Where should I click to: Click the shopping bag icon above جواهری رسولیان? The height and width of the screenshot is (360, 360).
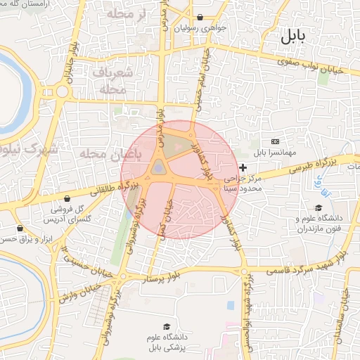[x=200, y=17]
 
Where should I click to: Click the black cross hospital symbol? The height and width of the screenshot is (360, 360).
[x=243, y=167]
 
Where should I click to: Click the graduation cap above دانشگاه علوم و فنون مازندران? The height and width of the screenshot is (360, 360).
[x=318, y=208]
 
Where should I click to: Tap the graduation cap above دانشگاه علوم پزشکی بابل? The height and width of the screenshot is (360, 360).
[x=167, y=327]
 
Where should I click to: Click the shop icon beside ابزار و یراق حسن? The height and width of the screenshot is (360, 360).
[x=19, y=228]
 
